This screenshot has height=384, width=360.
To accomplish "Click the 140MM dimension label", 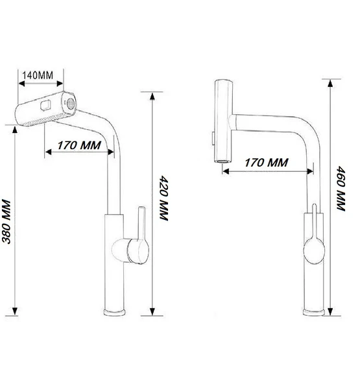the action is coord(38,75).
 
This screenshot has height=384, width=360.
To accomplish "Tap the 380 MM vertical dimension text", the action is coord(6,222).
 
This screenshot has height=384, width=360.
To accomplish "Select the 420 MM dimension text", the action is coord(164,198).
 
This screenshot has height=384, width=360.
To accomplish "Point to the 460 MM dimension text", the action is coord(341,188).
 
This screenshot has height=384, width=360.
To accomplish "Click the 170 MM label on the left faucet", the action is coord(79,145).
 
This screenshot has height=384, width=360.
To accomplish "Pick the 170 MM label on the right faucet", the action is coord(267,163).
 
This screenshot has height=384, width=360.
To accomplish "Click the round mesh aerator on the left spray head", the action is coord(71,104).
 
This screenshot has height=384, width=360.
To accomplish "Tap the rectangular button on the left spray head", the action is coord(46,106).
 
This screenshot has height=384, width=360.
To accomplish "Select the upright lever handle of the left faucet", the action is coord(141,223).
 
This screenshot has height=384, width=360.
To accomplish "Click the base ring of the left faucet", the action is coord(114,312).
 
